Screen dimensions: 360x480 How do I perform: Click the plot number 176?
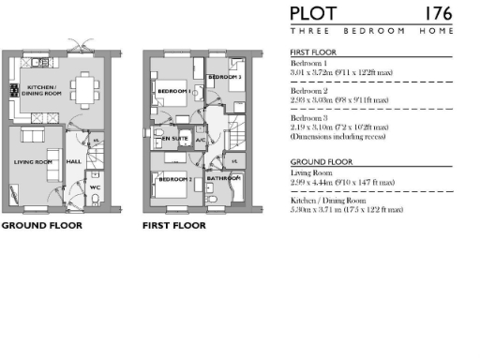point(439,14)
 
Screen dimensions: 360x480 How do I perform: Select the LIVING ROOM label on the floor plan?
point(33,162)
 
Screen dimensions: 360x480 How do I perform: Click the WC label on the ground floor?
point(95,187)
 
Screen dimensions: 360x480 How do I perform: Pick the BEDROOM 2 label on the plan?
point(178,179)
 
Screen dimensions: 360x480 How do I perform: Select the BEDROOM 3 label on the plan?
point(226,77)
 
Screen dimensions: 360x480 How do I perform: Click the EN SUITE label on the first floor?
point(174,139)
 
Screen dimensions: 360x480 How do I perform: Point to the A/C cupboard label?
point(200,140)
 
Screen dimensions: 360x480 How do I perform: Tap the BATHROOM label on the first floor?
point(224,177)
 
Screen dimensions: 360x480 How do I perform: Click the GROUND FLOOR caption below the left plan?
point(41,226)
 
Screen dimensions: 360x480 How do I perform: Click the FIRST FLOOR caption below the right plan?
point(173,226)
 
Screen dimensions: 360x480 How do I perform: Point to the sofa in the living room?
point(24,137)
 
